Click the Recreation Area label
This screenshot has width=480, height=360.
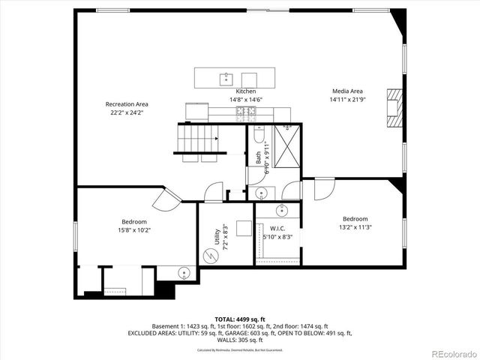(126, 103)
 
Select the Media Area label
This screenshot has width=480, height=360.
(348, 91)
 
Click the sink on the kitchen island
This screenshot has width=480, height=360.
(225, 77)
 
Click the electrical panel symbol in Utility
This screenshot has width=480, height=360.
(211, 255)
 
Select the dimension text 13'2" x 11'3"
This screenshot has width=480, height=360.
(355, 227)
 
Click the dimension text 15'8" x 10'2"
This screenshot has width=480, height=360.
(134, 230)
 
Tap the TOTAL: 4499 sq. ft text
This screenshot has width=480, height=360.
(240, 319)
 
